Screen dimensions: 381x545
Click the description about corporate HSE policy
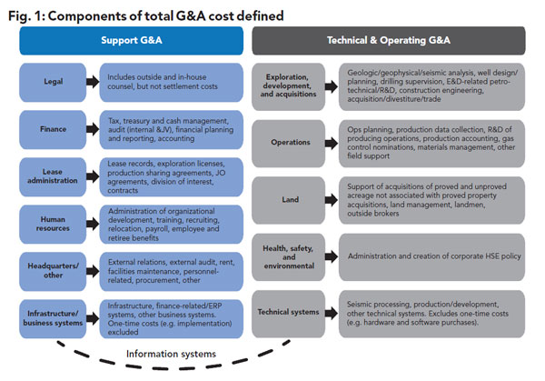tap(434, 256)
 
